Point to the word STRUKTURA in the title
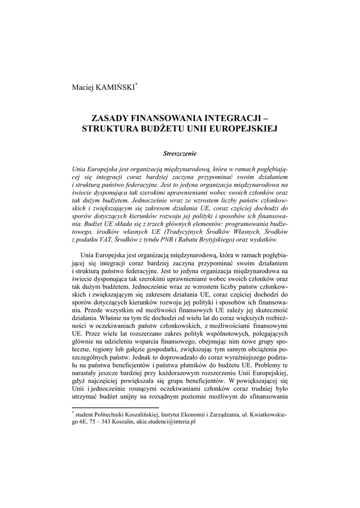click(x=109, y=129)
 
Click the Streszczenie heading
click(x=180, y=153)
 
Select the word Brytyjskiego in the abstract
click(x=228, y=240)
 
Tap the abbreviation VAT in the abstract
click(x=105, y=240)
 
